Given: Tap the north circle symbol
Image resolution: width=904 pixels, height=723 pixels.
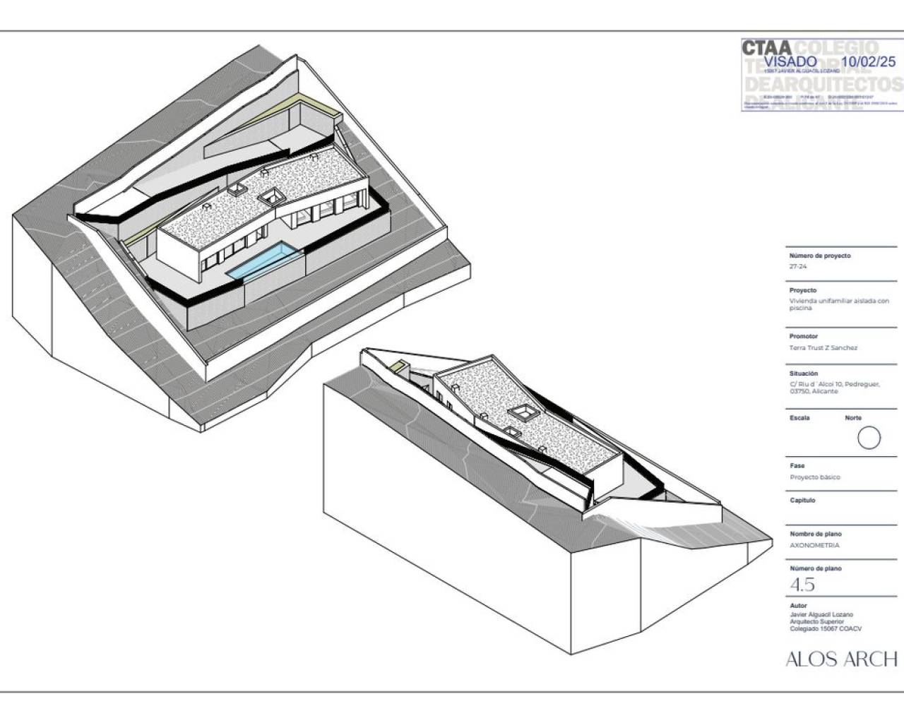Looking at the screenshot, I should pyautogui.click(x=869, y=438).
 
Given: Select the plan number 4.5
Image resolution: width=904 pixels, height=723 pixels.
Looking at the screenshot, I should pyautogui.click(x=802, y=585).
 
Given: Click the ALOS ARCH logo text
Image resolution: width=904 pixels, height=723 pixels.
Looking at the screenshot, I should pyautogui.click(x=841, y=659).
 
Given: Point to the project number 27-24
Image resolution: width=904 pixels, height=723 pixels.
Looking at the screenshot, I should pyautogui.click(x=797, y=267).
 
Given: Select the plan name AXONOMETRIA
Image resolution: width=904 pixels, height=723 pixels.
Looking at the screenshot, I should pyautogui.click(x=814, y=545).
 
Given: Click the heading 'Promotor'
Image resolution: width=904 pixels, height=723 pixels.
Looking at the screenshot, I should pyautogui.click(x=803, y=336).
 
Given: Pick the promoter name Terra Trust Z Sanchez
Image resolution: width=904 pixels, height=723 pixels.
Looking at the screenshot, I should pyautogui.click(x=823, y=348).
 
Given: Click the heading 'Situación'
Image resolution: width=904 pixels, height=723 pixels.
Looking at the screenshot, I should pyautogui.click(x=804, y=374).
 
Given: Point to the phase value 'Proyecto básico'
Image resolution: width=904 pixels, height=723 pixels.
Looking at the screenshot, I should pyautogui.click(x=815, y=477).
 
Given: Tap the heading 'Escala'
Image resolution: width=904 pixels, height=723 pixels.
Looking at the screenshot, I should pyautogui.click(x=799, y=418).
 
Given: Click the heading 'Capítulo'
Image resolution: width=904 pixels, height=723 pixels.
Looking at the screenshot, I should pyautogui.click(x=802, y=500).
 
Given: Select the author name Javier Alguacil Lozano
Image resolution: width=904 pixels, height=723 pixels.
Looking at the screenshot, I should pyautogui.click(x=821, y=615).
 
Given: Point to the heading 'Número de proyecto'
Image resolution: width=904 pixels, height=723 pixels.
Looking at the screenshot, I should pyautogui.click(x=819, y=256).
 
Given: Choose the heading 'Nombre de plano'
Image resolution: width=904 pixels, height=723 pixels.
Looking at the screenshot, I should pyautogui.click(x=815, y=534).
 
